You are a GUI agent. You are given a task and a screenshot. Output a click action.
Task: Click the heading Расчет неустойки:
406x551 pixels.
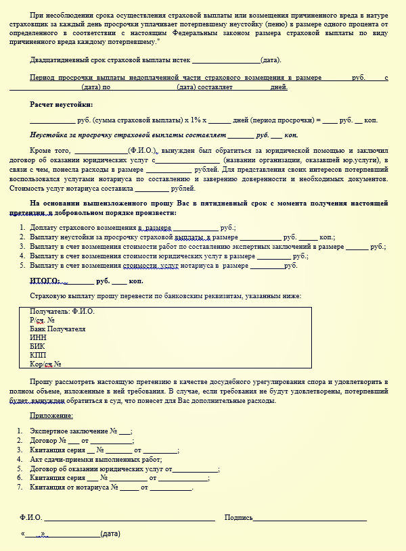(x=62, y=105)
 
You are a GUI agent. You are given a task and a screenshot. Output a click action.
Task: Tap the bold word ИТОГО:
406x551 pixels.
(x=45, y=281)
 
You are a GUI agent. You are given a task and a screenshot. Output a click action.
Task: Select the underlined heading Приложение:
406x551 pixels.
(x=51, y=416)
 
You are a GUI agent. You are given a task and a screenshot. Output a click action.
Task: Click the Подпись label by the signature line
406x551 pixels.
(x=238, y=518)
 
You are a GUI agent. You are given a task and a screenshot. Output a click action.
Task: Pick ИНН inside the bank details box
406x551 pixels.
(x=38, y=337)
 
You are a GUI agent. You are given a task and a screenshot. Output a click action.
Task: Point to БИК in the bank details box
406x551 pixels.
(x=38, y=345)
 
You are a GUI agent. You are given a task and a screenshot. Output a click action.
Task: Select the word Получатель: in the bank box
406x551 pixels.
(x=50, y=312)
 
